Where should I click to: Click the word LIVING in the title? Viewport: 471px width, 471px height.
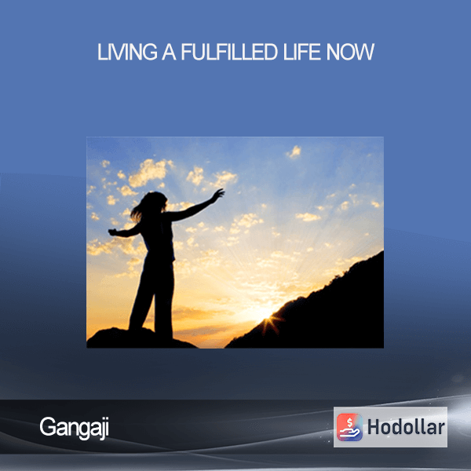point(127,52)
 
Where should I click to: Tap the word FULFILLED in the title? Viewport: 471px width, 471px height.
point(229,52)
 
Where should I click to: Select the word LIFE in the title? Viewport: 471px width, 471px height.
point(302,52)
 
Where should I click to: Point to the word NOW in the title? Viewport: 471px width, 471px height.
point(350,52)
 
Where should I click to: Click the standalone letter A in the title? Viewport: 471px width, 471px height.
point(169,52)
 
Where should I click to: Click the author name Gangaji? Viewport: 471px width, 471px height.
point(75,428)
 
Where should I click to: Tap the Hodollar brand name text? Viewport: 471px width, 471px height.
point(406,427)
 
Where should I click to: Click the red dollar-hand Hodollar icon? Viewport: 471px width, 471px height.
point(349,427)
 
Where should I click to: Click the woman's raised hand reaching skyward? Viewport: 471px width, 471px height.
point(218,193)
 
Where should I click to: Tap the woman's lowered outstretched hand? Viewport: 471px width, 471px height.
point(112,232)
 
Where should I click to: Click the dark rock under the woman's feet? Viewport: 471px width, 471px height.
point(138,338)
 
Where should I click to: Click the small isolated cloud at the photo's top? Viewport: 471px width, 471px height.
point(294,152)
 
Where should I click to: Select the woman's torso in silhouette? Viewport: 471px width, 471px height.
point(159,237)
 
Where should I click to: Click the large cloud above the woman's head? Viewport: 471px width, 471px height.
point(148,172)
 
